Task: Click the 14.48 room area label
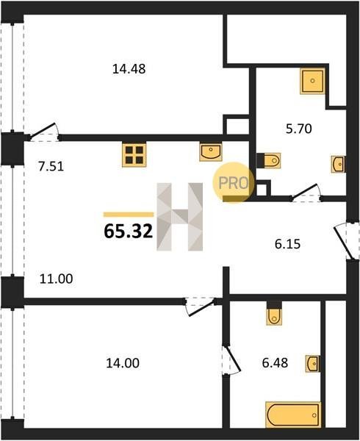pos(129,69)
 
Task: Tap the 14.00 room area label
pos(123,363)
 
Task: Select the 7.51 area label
pos(51,166)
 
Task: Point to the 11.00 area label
pos(57,279)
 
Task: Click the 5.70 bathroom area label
pos(299,129)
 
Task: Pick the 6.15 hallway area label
pos(287,244)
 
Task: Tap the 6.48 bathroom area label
pos(275,363)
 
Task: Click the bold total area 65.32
pos(128,232)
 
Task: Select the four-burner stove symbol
pos(134,154)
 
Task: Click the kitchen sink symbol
pos(211,152)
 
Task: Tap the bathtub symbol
pos(293,415)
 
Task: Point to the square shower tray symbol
pos(313,81)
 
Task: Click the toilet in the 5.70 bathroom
pos(269,160)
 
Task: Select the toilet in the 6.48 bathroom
pos(274,314)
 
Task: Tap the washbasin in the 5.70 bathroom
pos(339,164)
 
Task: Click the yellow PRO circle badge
pos(233,182)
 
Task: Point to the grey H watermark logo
pos(180,217)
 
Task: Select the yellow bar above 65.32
pos(129,215)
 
